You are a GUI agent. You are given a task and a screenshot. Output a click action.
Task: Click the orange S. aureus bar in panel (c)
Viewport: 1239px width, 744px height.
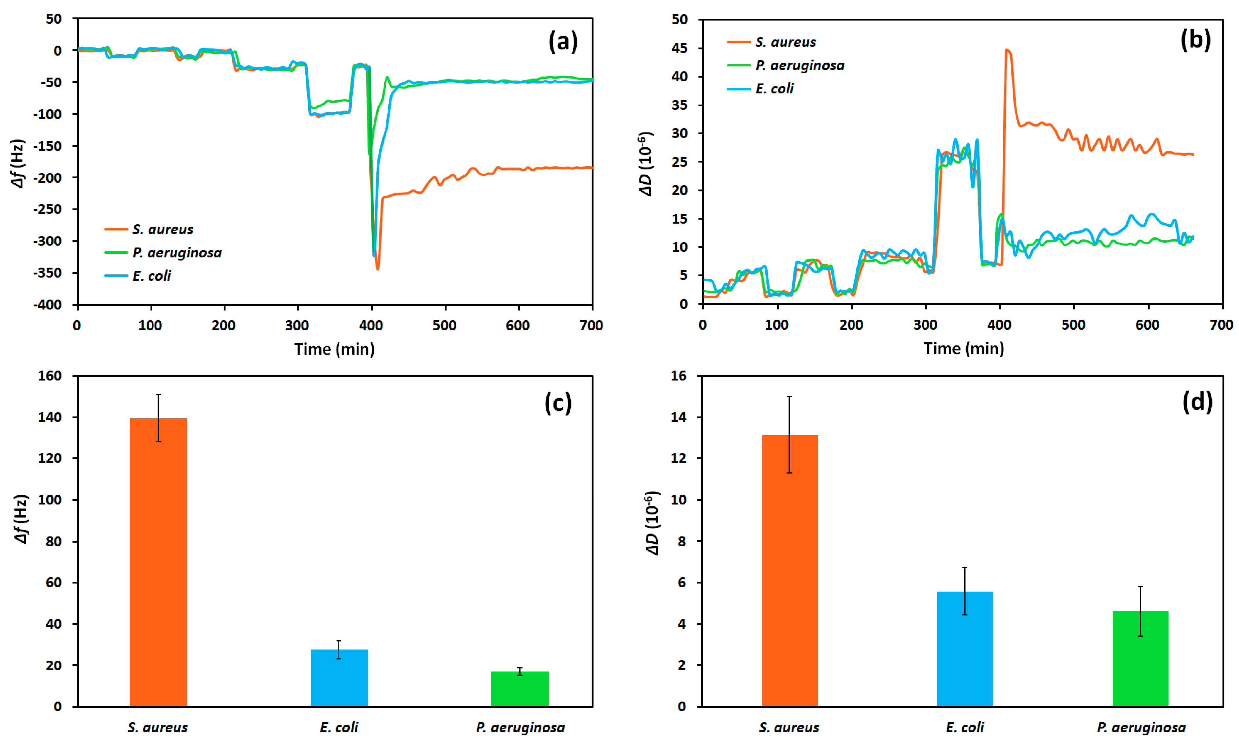click(158, 562)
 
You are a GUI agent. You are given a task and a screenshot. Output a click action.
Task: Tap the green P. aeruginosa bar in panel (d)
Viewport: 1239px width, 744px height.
click(1140, 658)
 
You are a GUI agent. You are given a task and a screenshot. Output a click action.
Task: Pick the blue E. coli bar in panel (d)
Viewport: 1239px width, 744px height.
click(964, 648)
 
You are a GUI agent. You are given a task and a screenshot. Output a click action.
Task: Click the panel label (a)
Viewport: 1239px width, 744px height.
click(563, 41)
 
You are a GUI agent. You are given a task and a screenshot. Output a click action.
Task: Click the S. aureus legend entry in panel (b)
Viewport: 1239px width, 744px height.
click(785, 42)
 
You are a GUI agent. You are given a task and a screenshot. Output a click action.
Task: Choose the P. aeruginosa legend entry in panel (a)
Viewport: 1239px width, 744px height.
click(176, 253)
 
